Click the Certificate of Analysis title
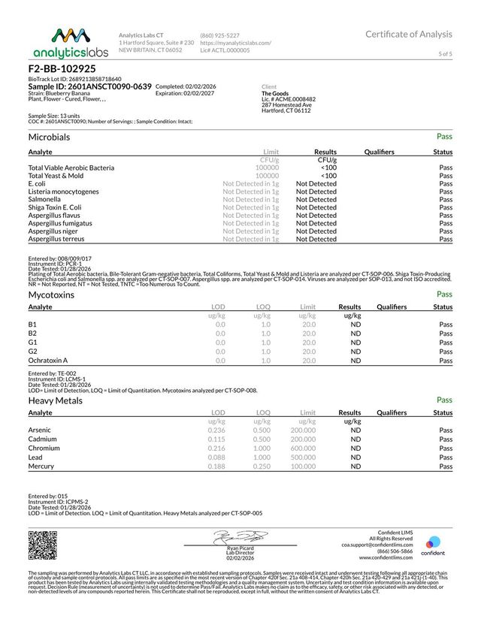point(409,34)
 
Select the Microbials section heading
point(49,137)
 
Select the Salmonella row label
point(46,199)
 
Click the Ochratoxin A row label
point(48,361)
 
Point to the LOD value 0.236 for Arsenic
point(216,430)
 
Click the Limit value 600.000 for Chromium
point(303,448)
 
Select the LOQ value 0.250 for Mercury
point(262,466)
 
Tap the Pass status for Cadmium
point(446,439)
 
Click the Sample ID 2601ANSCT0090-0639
point(89,87)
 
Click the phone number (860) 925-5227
point(220,35)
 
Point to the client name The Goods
point(275,92)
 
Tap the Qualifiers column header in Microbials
point(379,152)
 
